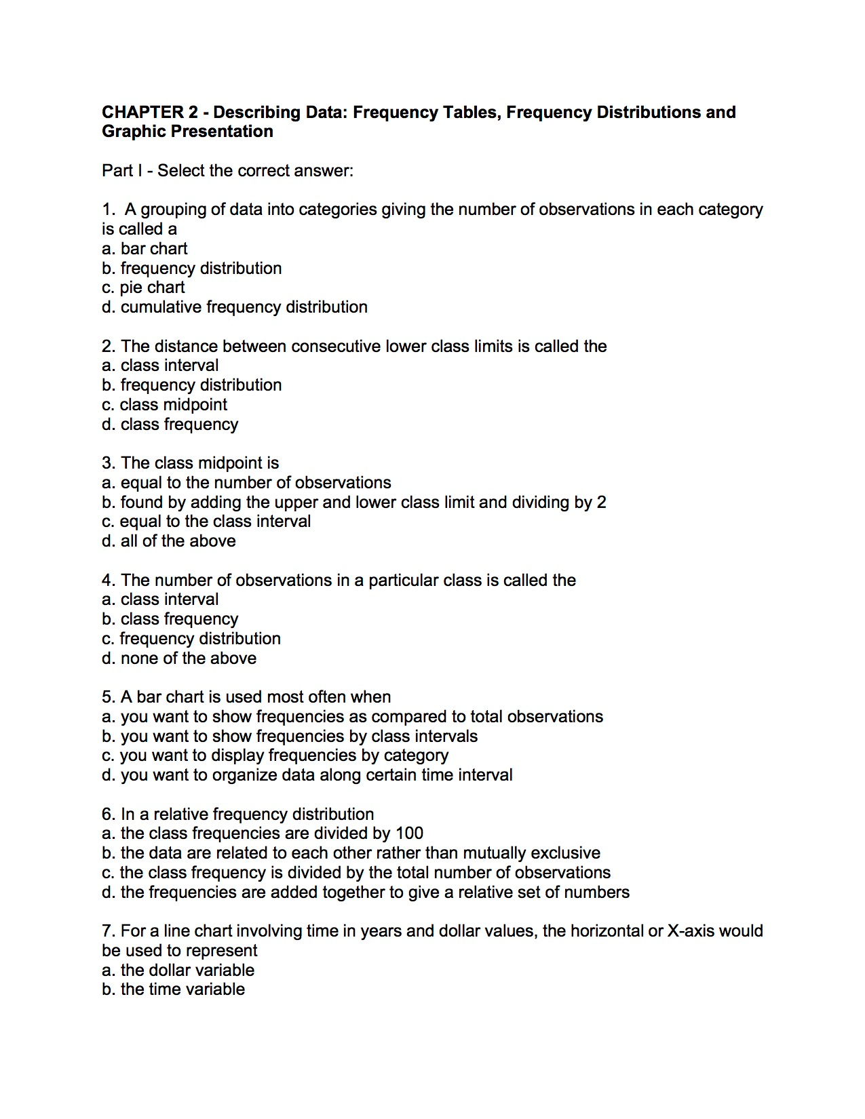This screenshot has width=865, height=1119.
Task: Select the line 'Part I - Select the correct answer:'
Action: tap(227, 171)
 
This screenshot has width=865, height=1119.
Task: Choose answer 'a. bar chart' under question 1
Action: tap(145, 249)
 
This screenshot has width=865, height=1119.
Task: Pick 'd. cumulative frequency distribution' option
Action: tap(234, 307)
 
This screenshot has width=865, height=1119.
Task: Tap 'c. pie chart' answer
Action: tap(143, 288)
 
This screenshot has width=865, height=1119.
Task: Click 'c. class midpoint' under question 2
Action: tap(164, 405)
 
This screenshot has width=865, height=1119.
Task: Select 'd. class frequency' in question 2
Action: tap(170, 425)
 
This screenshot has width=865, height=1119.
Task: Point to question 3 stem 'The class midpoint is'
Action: tap(199, 463)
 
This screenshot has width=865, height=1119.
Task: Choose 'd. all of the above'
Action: tap(168, 541)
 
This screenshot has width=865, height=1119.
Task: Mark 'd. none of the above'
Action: tap(179, 659)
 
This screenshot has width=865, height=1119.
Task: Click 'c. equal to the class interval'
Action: tap(206, 522)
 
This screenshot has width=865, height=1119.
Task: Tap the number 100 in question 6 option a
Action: tap(409, 833)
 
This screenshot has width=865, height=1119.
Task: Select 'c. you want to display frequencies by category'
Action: tap(275, 755)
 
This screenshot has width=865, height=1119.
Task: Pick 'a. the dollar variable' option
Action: tap(178, 970)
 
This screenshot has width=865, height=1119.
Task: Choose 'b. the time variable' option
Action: tap(173, 989)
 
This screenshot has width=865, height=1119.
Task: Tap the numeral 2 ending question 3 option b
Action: tap(601, 503)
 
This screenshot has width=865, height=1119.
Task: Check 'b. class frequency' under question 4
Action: tap(170, 619)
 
